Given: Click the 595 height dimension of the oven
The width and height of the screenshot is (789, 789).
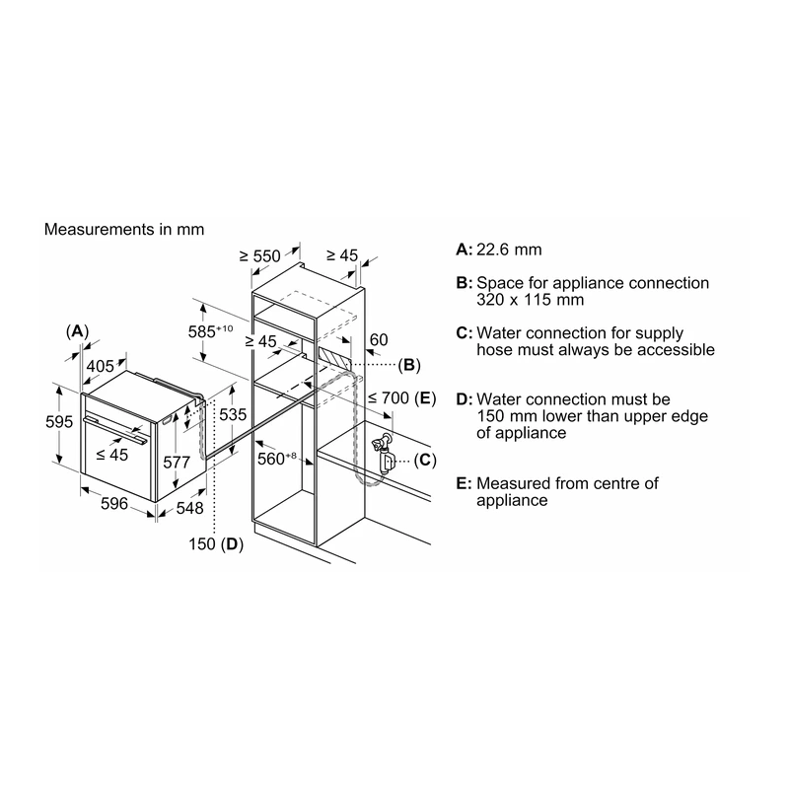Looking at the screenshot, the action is [x=59, y=422].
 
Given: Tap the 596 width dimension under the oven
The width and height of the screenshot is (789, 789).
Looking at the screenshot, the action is [x=114, y=503].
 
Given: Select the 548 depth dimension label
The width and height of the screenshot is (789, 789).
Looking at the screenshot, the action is [x=189, y=508].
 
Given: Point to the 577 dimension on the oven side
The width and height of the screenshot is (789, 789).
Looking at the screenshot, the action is [x=177, y=462].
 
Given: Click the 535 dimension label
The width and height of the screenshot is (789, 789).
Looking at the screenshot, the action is [x=233, y=414].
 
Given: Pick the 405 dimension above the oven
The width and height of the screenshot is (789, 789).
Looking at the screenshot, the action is [x=101, y=366].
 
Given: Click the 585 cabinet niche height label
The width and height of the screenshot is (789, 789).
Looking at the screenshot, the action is [x=210, y=331].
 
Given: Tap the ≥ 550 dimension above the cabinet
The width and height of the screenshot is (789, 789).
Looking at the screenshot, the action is [x=259, y=256].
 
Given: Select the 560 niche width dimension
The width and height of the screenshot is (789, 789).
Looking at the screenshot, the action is [x=277, y=459].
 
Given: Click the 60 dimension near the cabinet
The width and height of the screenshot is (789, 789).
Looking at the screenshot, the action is [x=379, y=339].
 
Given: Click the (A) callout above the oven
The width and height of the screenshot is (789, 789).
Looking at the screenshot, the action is [x=77, y=331].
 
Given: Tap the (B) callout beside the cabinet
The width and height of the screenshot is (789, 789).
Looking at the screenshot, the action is [x=409, y=365].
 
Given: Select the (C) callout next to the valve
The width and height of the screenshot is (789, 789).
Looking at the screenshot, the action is [x=425, y=460].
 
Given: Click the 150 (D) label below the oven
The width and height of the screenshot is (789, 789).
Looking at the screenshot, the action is [x=216, y=544].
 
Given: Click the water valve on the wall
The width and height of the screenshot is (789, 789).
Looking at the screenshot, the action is [x=383, y=453].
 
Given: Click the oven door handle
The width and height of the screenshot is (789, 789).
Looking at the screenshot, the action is [x=115, y=429].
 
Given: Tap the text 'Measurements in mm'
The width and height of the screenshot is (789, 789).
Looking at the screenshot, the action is [x=124, y=230].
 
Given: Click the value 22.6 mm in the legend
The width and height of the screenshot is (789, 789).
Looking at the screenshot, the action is [x=509, y=250].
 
